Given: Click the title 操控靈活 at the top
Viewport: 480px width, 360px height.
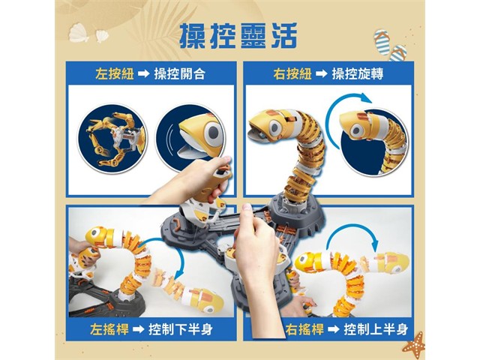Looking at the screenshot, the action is point(238,36).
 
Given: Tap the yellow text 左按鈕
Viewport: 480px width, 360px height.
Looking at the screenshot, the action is point(115,74).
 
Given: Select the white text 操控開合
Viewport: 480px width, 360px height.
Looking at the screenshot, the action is point(180,74).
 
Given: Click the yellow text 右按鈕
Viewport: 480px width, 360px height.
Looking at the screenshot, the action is point(292,74).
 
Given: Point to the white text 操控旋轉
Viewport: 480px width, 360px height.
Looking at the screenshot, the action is point(358,74).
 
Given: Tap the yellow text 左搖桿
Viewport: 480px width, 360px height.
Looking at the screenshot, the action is point(109,329).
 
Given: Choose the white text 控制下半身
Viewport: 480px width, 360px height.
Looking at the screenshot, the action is point(181,329).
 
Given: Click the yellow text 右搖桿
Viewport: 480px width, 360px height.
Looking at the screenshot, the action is point(304,329).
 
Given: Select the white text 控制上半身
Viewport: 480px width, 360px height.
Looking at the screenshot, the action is point(376,329).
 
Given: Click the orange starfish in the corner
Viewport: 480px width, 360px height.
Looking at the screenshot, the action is point(414,343).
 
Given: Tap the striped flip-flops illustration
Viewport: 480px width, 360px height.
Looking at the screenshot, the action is point(389,45).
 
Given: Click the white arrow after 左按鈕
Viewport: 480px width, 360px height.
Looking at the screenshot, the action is point(143,74).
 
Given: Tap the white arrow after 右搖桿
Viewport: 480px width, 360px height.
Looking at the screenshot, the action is point(334,330).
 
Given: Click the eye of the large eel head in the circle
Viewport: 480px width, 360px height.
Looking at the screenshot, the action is point(213,132).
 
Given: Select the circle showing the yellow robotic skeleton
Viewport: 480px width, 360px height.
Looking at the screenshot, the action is point(112,139).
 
